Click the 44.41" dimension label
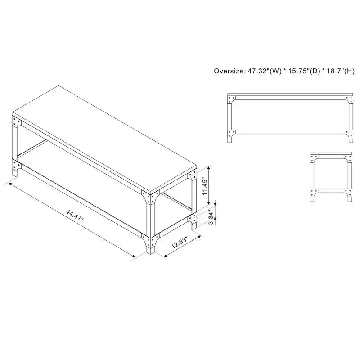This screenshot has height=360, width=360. (75, 215)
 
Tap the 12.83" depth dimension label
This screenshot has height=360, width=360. (180, 242)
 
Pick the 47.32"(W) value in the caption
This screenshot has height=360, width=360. (264, 71)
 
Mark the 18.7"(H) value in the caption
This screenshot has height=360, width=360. (341, 71)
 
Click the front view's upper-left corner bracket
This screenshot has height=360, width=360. (231, 100)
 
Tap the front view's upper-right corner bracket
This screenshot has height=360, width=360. (349, 100)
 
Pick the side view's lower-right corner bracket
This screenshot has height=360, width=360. (348, 193)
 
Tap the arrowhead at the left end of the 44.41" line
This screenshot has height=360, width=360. (10, 184)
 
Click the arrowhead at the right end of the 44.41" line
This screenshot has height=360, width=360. (133, 256)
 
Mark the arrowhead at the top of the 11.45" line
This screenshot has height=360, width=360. (208, 168)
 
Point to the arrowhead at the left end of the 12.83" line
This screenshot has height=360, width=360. (166, 256)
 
